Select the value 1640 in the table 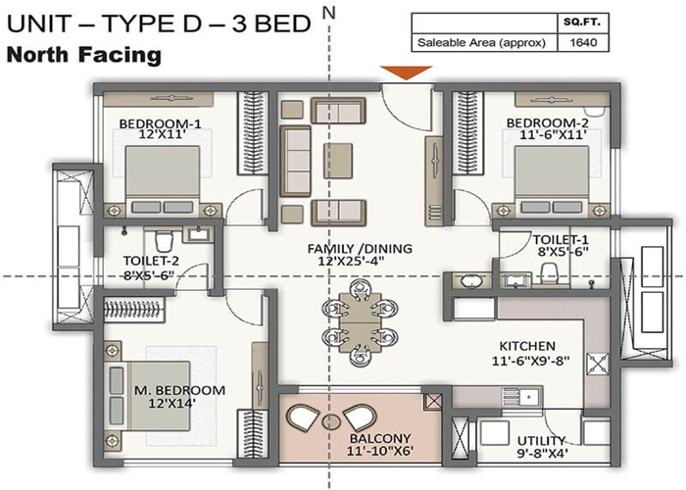click(584, 42)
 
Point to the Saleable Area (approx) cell click(483, 42)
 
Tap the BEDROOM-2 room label click(546, 123)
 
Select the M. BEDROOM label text click(179, 390)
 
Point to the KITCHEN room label click(528, 346)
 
